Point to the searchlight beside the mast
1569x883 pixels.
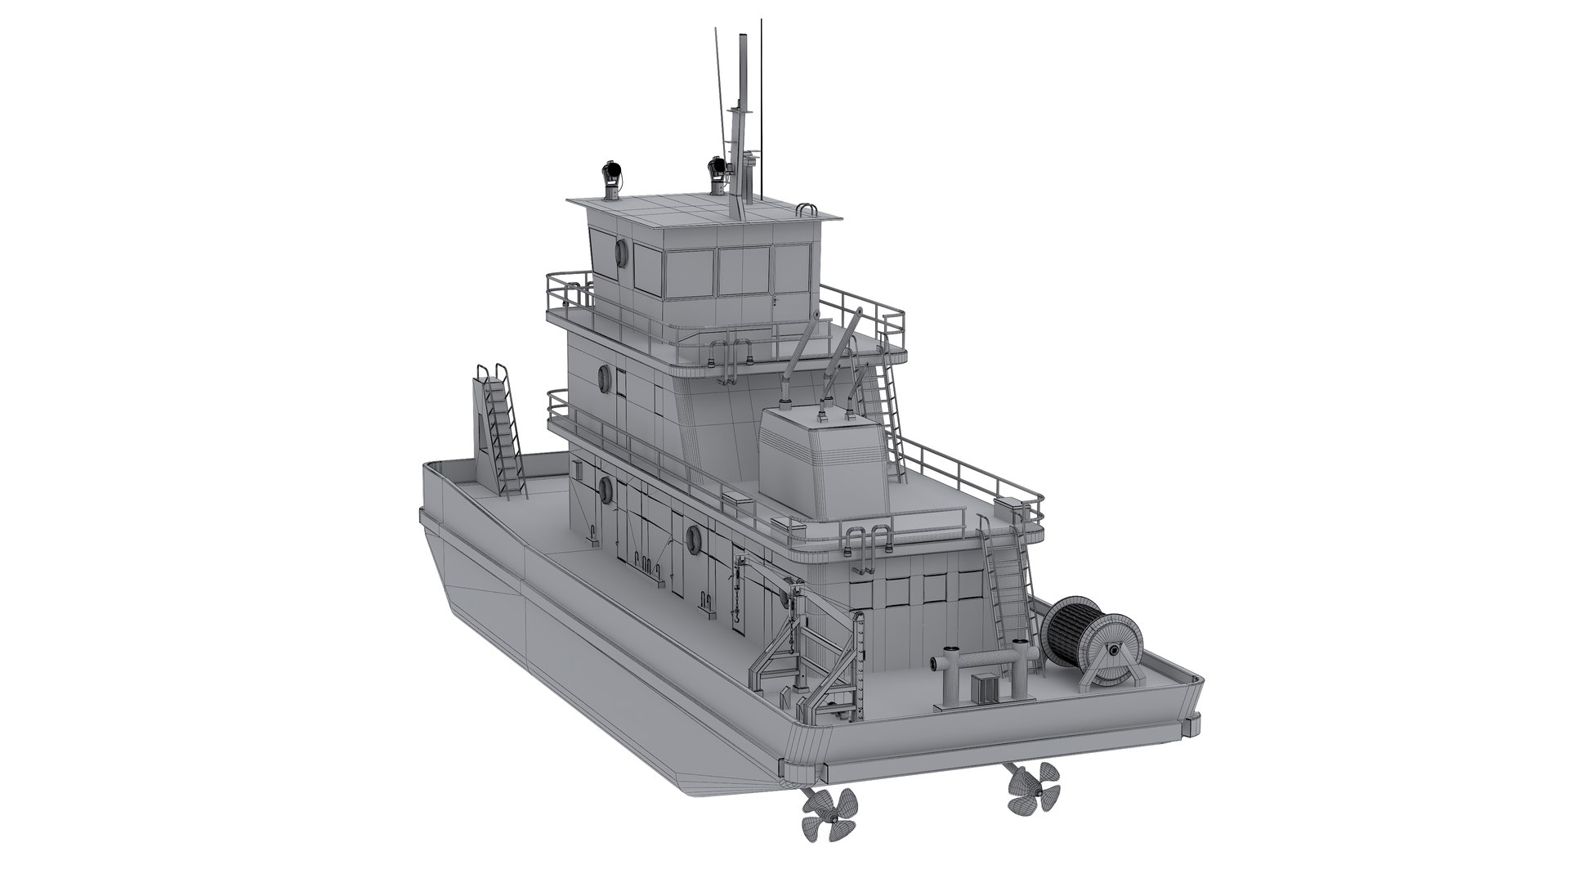(x=717, y=169)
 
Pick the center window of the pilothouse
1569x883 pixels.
(x=744, y=272)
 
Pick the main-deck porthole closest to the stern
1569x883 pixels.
(x=694, y=537)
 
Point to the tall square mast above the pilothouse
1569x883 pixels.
(x=744, y=123)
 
